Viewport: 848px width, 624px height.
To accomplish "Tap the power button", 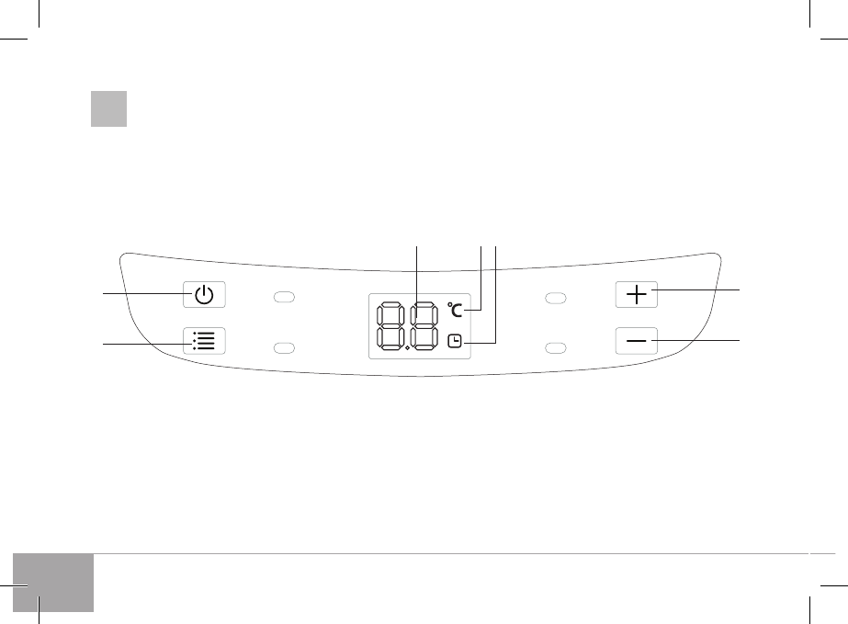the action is (x=204, y=294).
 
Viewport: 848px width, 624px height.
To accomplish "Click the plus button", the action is (x=637, y=294).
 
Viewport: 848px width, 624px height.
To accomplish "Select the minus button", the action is (x=637, y=340).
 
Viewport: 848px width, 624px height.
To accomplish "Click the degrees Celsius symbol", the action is (x=455, y=310).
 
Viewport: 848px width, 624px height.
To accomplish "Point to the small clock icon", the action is (x=455, y=341).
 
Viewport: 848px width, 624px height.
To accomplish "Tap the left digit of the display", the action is (x=390, y=326).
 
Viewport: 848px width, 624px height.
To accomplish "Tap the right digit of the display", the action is (x=424, y=326).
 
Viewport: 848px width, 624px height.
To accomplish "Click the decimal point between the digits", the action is (x=407, y=348).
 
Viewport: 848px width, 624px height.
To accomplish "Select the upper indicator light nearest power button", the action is (x=284, y=297).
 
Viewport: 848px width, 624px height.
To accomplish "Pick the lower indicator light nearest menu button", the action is (x=284, y=347).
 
